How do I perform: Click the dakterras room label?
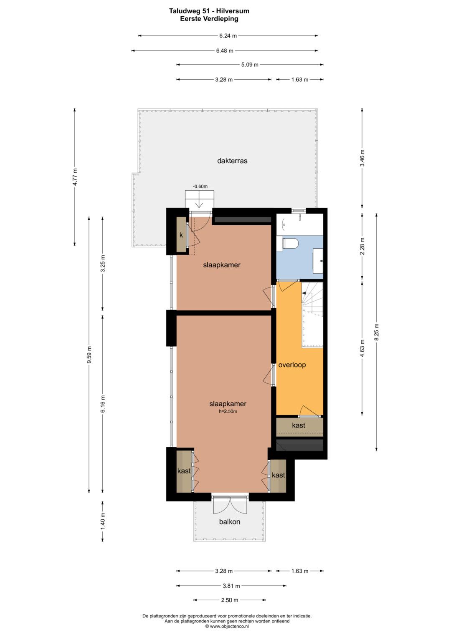[232, 161]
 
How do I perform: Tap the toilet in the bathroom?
[290, 244]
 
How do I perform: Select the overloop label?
[292, 365]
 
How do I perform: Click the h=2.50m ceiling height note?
[228, 411]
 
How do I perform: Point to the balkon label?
[230, 522]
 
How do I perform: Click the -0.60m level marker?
[200, 186]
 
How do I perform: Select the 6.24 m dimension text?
[228, 36]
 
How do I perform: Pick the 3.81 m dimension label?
[231, 586]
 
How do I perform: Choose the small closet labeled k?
[181, 235]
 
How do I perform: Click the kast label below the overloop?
[299, 425]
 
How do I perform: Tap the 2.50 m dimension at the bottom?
[230, 600]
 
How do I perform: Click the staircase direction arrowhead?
[304, 292]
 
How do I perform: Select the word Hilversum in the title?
[233, 11]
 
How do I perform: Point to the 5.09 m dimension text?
[250, 65]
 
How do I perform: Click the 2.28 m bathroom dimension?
[362, 246]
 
